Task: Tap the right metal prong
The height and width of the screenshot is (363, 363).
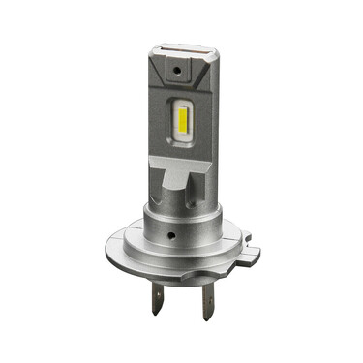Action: click(x=207, y=304)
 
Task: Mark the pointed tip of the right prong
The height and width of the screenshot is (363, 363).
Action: click(x=207, y=319)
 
